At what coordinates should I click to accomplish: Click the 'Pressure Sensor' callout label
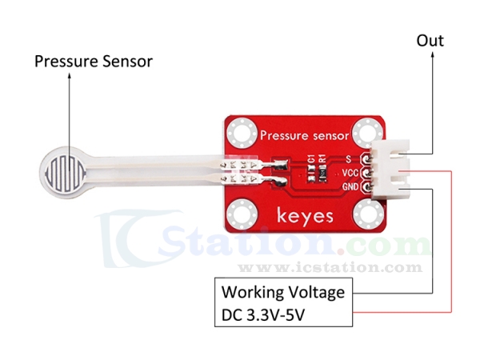(93, 62)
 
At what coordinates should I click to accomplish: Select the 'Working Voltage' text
(283, 292)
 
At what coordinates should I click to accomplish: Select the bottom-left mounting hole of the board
(240, 214)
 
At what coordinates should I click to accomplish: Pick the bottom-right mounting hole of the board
(367, 214)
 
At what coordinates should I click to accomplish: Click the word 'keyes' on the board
(303, 215)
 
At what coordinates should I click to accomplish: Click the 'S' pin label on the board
(349, 158)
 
